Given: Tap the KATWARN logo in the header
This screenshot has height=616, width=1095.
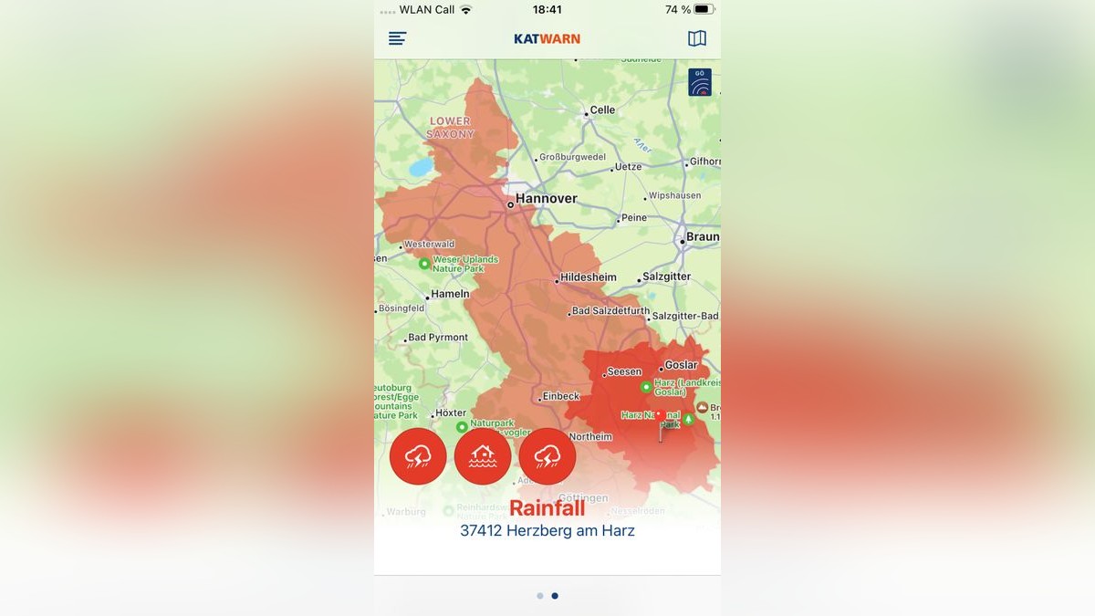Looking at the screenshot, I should (x=547, y=38).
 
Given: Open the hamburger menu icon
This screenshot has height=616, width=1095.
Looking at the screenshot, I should (x=397, y=38).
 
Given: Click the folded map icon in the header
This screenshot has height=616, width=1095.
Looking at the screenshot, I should (x=697, y=38).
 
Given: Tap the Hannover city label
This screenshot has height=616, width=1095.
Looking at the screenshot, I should (x=546, y=198).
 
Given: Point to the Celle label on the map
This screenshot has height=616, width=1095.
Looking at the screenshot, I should (x=602, y=110).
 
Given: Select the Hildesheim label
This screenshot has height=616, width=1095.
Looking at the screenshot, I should (x=588, y=277).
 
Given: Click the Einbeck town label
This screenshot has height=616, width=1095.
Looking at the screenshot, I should (x=560, y=396).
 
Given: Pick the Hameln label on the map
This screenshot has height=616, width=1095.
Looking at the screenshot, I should (x=450, y=294).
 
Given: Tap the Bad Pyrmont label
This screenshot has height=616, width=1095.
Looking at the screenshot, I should (x=437, y=338).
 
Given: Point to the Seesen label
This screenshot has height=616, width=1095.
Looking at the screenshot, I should (x=624, y=372).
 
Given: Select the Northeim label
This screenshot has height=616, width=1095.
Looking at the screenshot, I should (x=590, y=437).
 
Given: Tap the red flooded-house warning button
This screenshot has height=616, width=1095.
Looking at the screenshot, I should (x=483, y=456).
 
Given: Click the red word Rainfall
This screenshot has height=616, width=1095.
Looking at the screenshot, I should (x=547, y=508).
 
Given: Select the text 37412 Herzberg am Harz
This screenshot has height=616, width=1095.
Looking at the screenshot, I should (x=547, y=530).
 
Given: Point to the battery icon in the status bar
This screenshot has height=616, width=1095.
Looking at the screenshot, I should (x=703, y=9).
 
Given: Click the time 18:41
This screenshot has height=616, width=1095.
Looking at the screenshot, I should (x=547, y=9).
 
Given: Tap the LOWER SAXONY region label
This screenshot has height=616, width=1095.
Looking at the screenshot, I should (x=451, y=127).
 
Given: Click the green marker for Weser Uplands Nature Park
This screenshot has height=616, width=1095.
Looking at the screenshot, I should (x=424, y=264).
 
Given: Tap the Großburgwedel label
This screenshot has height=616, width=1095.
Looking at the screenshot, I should (x=572, y=157).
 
